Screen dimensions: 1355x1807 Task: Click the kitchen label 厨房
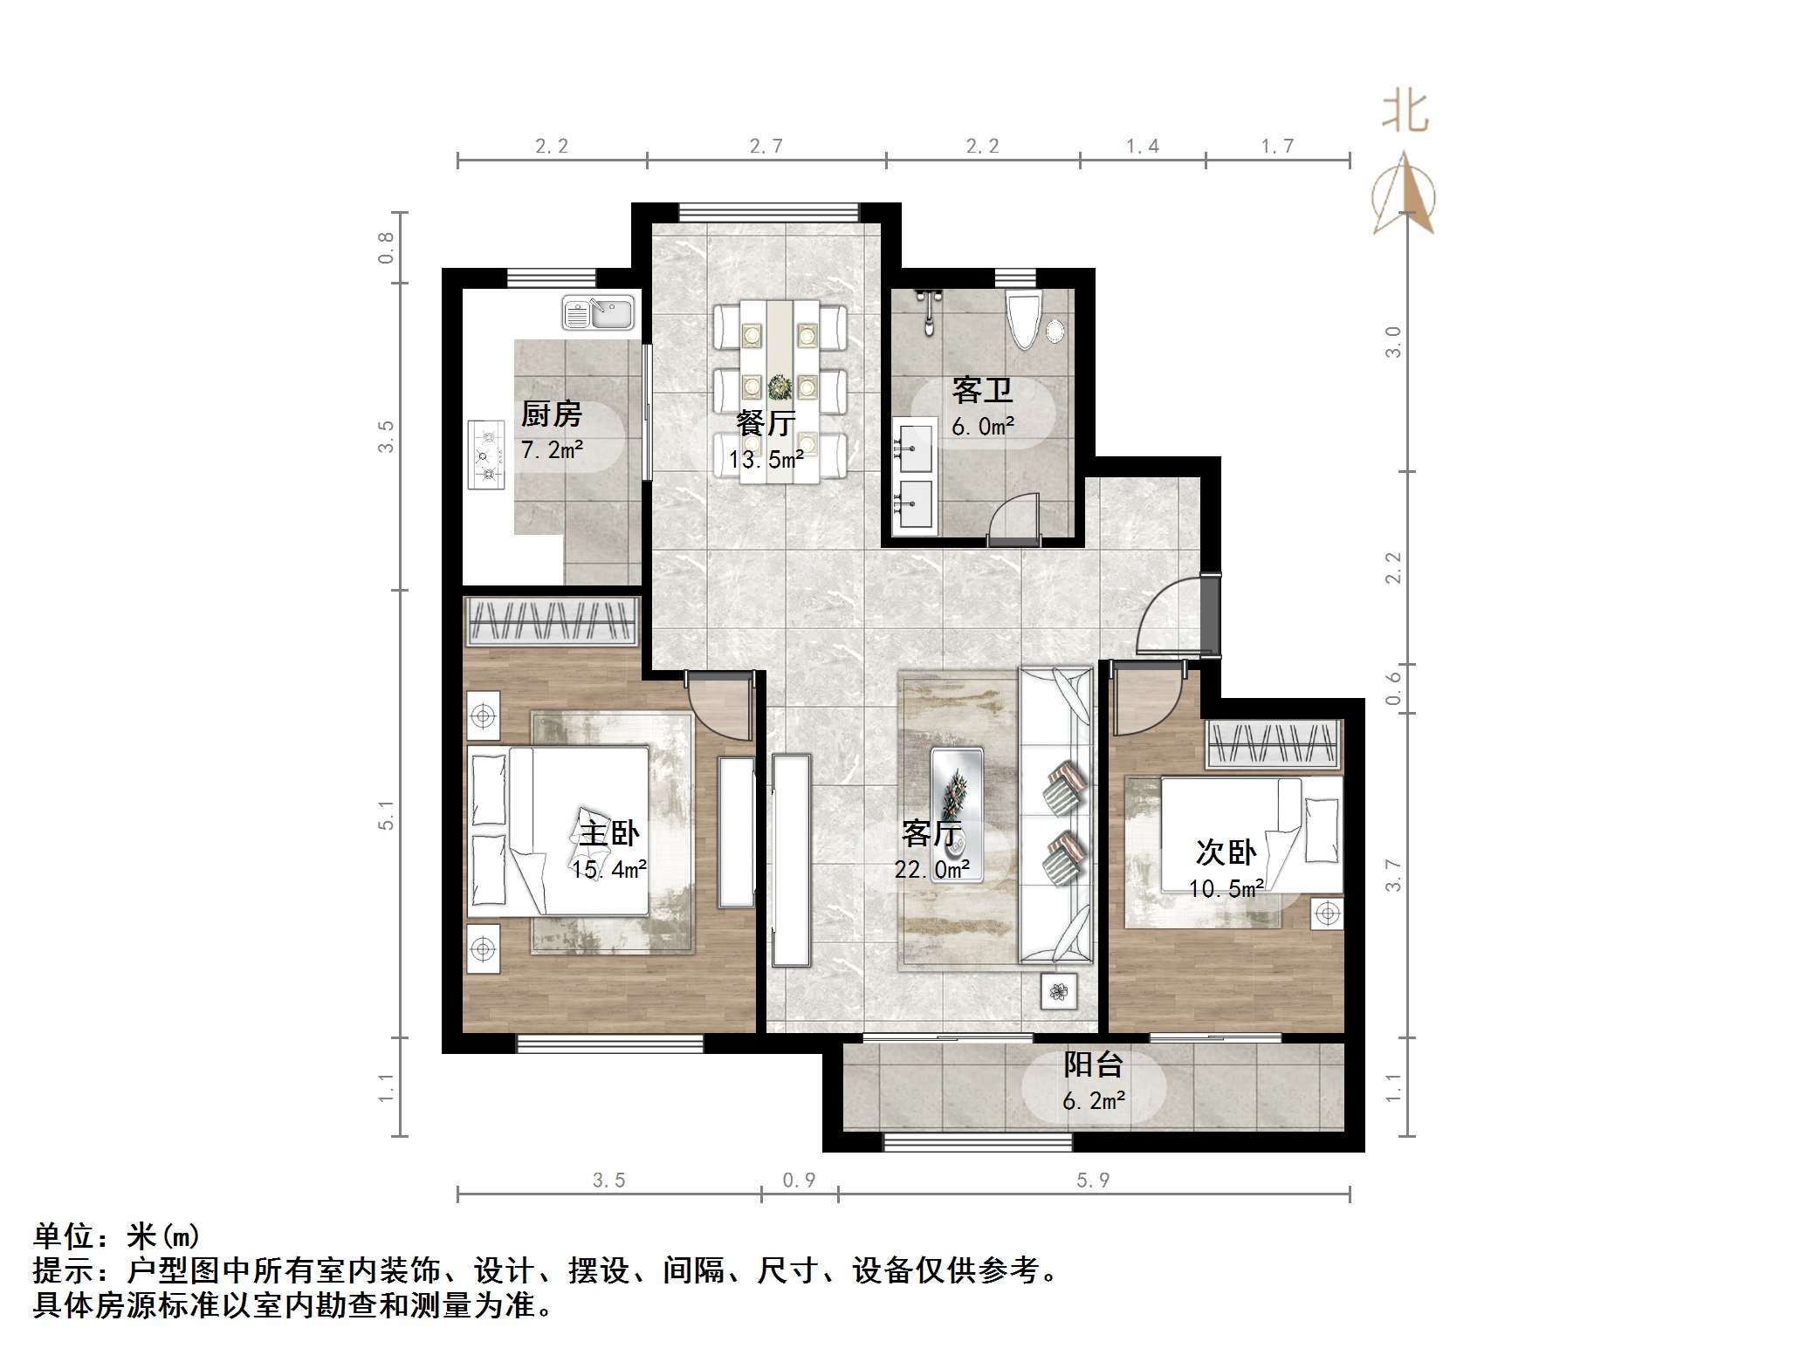pos(551,414)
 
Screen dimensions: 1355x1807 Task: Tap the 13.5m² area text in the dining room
pos(766,457)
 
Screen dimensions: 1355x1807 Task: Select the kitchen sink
pos(598,313)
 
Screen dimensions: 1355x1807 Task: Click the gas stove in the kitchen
pos(487,454)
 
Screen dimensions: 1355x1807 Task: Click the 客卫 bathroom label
pos(982,390)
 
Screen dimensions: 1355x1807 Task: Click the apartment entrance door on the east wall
pos(1210,614)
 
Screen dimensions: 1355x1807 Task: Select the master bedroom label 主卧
pos(608,833)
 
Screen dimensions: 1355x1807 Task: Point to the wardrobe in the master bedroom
pos(552,621)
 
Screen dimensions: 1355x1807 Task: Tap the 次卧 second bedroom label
pos(1225,852)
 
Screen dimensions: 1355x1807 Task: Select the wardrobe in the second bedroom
pos(1274,743)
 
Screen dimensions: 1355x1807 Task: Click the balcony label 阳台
pos(1092,1064)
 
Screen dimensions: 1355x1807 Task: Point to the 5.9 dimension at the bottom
pos(1092,1180)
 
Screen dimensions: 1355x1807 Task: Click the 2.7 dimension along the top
pos(766,147)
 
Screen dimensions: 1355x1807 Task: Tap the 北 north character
pos(1405,112)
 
